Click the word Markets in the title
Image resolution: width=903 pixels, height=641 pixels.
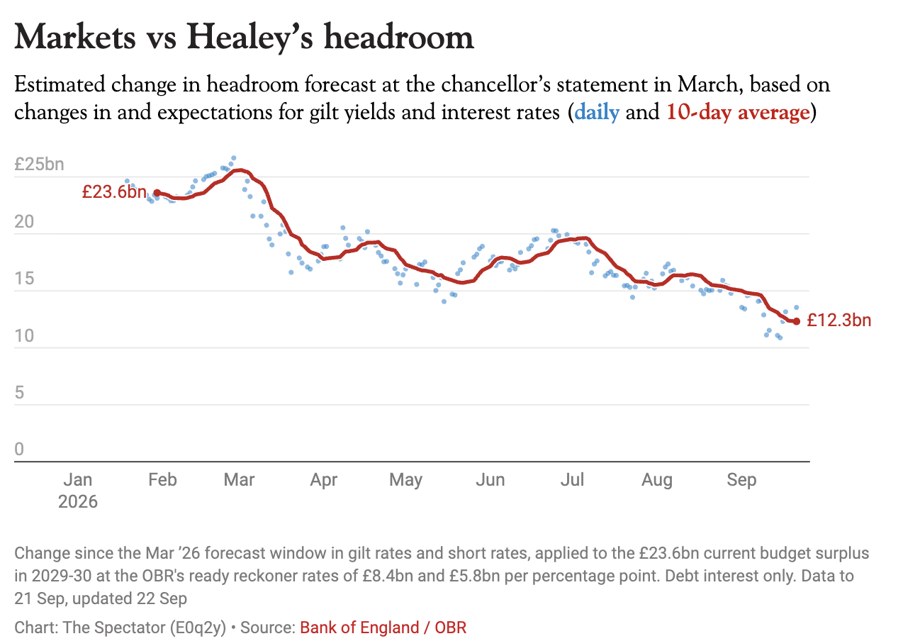pos(75,37)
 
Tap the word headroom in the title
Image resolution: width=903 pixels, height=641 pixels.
pos(399,37)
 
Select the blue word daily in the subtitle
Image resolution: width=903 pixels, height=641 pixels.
pos(597,112)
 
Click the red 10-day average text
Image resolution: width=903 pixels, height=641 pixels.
pos(738,112)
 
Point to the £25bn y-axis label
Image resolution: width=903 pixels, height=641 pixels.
pos(39,165)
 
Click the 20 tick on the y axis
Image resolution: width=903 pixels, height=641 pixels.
pos(24,221)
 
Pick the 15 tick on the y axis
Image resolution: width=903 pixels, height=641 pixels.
pos(24,279)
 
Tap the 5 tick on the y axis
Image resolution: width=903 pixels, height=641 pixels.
pos(19,392)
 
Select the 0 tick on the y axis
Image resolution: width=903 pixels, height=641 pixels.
pos(19,449)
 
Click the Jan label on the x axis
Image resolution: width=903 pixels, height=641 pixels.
pos(78,479)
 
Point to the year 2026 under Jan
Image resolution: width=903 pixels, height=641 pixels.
pos(78,501)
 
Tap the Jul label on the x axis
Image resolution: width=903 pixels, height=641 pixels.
pos(572,479)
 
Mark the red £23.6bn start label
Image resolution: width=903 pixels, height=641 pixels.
pos(115,191)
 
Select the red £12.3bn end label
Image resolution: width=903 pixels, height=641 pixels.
pos(839,320)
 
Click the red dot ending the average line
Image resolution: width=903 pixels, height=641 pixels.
pos(796,321)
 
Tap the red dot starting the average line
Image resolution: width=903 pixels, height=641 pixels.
pos(157,193)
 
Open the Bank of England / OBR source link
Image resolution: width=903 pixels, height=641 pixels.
pos(383,628)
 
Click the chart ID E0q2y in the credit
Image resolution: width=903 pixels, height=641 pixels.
pos(198,628)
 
